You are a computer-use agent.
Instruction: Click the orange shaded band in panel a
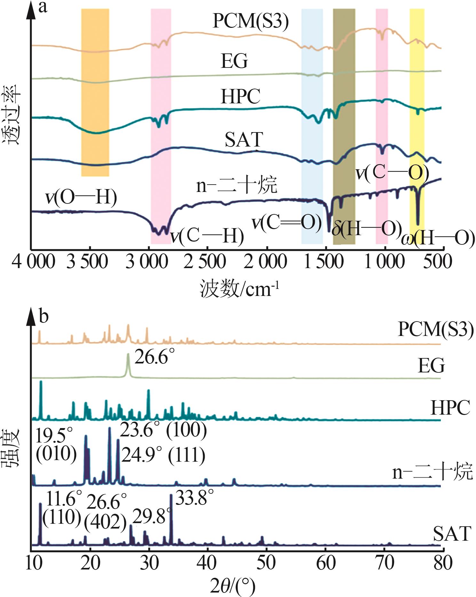coord(95,93)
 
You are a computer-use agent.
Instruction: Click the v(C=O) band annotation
coord(287,222)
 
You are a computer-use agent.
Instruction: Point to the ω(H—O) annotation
coord(438,238)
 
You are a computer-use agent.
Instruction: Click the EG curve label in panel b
coord(431,366)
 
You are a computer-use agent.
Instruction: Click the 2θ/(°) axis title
coord(233,586)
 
